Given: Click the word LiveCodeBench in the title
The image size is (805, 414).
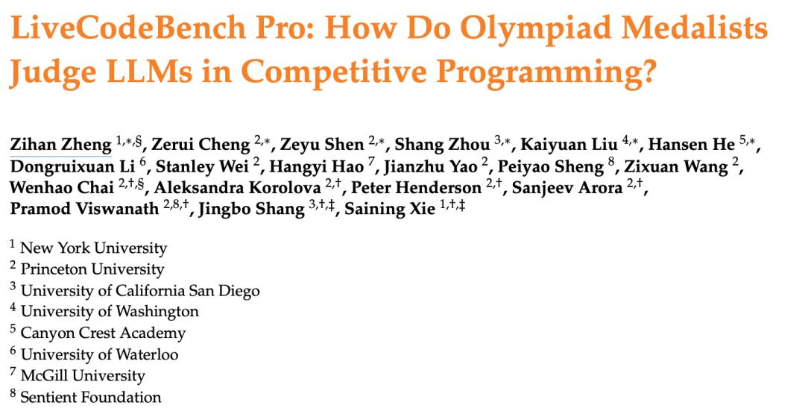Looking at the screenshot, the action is pyautogui.click(x=128, y=29).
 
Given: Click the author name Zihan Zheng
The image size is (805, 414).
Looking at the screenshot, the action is pyautogui.click(x=60, y=145).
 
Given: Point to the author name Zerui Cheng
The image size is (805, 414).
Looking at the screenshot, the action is pyautogui.click(x=201, y=145).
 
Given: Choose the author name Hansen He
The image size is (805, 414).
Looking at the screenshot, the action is pyautogui.click(x=692, y=145).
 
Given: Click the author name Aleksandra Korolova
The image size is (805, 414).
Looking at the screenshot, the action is pyautogui.click(x=237, y=187).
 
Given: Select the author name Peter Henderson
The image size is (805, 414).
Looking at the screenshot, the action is pyautogui.click(x=417, y=187).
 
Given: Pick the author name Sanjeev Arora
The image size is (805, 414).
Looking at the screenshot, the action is pyautogui.click(x=567, y=187).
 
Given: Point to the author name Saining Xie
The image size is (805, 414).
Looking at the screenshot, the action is pyautogui.click(x=390, y=209).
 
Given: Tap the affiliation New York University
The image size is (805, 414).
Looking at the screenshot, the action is pyautogui.click(x=93, y=248).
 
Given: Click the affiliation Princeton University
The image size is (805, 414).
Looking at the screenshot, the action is pyautogui.click(x=92, y=269).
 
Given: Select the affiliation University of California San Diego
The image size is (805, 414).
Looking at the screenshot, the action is pyautogui.click(x=140, y=291).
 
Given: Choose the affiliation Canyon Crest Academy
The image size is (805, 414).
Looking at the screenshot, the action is pyautogui.click(x=103, y=333).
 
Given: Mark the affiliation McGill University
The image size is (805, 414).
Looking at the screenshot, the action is pyautogui.click(x=83, y=376).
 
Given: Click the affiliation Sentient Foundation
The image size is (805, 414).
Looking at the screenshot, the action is pyautogui.click(x=91, y=397).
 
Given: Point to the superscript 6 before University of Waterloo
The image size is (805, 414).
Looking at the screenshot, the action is pyautogui.click(x=13, y=351).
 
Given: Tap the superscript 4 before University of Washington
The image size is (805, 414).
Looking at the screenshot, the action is pyautogui.click(x=13, y=307).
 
